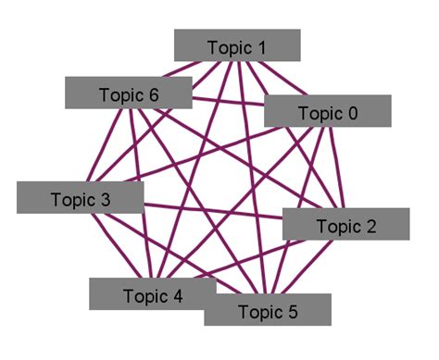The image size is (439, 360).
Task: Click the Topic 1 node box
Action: click(237, 45)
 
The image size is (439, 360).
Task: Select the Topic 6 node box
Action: click(128, 93)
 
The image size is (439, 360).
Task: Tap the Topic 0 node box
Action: click(327, 111)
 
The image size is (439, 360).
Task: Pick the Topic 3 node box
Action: click(80, 198)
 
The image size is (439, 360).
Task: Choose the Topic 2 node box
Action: click(345, 225)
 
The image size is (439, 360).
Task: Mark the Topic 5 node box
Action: click(267, 310)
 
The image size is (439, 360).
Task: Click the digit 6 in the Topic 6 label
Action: click(154, 94)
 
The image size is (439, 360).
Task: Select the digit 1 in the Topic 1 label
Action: click(261, 46)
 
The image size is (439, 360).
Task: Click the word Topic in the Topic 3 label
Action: click(72, 199)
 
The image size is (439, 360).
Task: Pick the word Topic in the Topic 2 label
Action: click(337, 226)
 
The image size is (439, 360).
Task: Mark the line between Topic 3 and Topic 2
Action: click(213, 211)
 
